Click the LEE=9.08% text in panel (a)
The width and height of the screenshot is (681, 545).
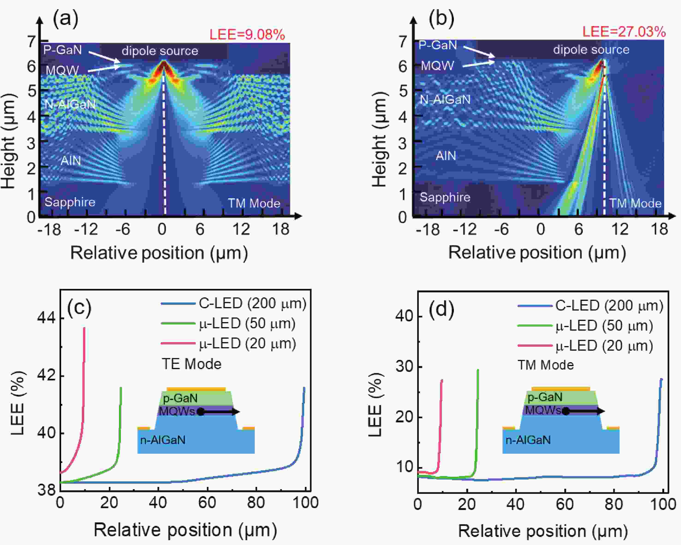(x=247, y=34)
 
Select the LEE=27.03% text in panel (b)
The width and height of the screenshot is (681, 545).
(x=624, y=32)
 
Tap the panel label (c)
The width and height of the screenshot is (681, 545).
(x=79, y=308)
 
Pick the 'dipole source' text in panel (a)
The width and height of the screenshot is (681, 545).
(x=160, y=51)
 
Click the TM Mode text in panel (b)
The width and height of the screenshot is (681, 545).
(x=635, y=203)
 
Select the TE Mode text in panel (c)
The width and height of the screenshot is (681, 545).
(x=191, y=364)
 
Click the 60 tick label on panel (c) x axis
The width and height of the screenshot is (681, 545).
(x=207, y=503)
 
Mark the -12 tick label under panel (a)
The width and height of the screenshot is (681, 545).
(x=86, y=229)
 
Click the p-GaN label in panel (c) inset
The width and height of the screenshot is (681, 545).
(x=180, y=398)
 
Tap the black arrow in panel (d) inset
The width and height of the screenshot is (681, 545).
(x=584, y=411)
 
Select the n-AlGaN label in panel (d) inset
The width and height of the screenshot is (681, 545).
(x=528, y=440)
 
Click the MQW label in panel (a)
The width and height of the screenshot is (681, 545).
(x=62, y=70)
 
